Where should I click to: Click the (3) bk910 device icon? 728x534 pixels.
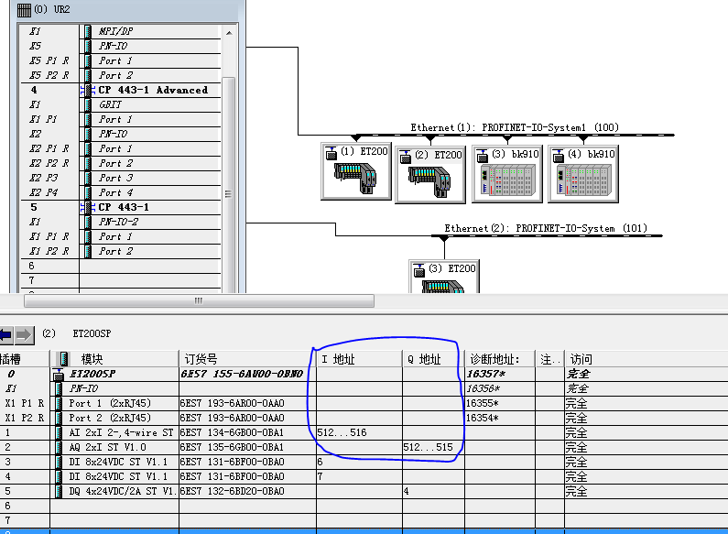click(506, 170)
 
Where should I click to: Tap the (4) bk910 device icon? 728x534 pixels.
click(582, 170)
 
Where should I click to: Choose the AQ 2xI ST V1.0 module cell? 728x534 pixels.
click(114, 447)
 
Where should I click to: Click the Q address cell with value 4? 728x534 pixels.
click(407, 491)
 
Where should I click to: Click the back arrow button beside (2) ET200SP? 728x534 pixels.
click(5, 334)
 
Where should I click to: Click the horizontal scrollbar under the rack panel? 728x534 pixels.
click(198, 300)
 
